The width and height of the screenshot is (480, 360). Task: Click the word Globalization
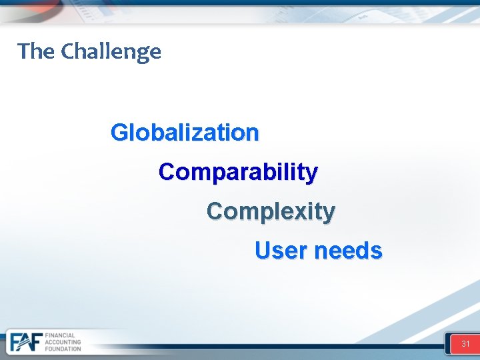click(x=185, y=133)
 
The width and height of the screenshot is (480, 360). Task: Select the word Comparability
click(x=238, y=172)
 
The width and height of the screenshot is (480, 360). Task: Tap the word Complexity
click(x=271, y=211)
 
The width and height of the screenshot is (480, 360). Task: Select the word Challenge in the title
click(x=111, y=51)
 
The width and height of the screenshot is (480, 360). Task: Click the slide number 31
click(x=465, y=344)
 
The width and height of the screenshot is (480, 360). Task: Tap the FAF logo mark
click(x=25, y=341)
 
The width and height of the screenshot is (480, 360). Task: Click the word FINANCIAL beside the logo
click(x=60, y=335)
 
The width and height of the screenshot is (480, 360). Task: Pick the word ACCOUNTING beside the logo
click(x=63, y=342)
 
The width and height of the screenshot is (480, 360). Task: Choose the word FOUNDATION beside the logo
click(x=63, y=349)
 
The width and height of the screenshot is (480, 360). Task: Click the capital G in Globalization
click(x=119, y=133)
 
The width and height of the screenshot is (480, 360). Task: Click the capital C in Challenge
click(x=67, y=51)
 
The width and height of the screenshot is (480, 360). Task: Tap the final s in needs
click(x=377, y=251)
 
